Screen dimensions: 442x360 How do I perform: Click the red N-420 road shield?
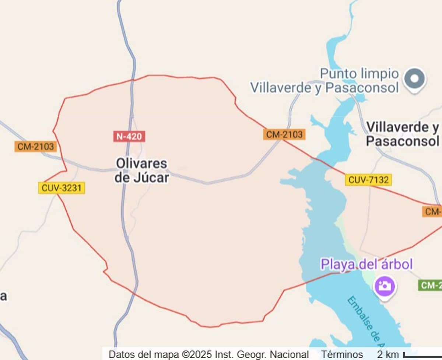coord(129,136)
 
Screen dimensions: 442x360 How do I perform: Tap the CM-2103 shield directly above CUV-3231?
coord(36,147)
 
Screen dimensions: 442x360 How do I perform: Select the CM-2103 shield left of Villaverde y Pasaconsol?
coord(284,134)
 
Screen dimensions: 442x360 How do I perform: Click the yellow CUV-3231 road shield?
coord(62,188)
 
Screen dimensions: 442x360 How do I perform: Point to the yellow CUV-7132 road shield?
coord(368,180)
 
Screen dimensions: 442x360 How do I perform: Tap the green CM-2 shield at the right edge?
coord(430,285)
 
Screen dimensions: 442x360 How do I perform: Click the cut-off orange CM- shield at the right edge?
coord(432,212)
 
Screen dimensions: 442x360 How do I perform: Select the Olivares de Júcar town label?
coord(141,171)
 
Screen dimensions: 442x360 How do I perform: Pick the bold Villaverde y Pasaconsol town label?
coord(403,134)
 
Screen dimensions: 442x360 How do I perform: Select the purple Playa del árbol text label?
coord(366,264)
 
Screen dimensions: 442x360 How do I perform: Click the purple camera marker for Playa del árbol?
coord(385,286)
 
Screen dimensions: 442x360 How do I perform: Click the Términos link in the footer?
coord(341,354)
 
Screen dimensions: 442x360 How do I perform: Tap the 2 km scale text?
coord(388,354)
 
